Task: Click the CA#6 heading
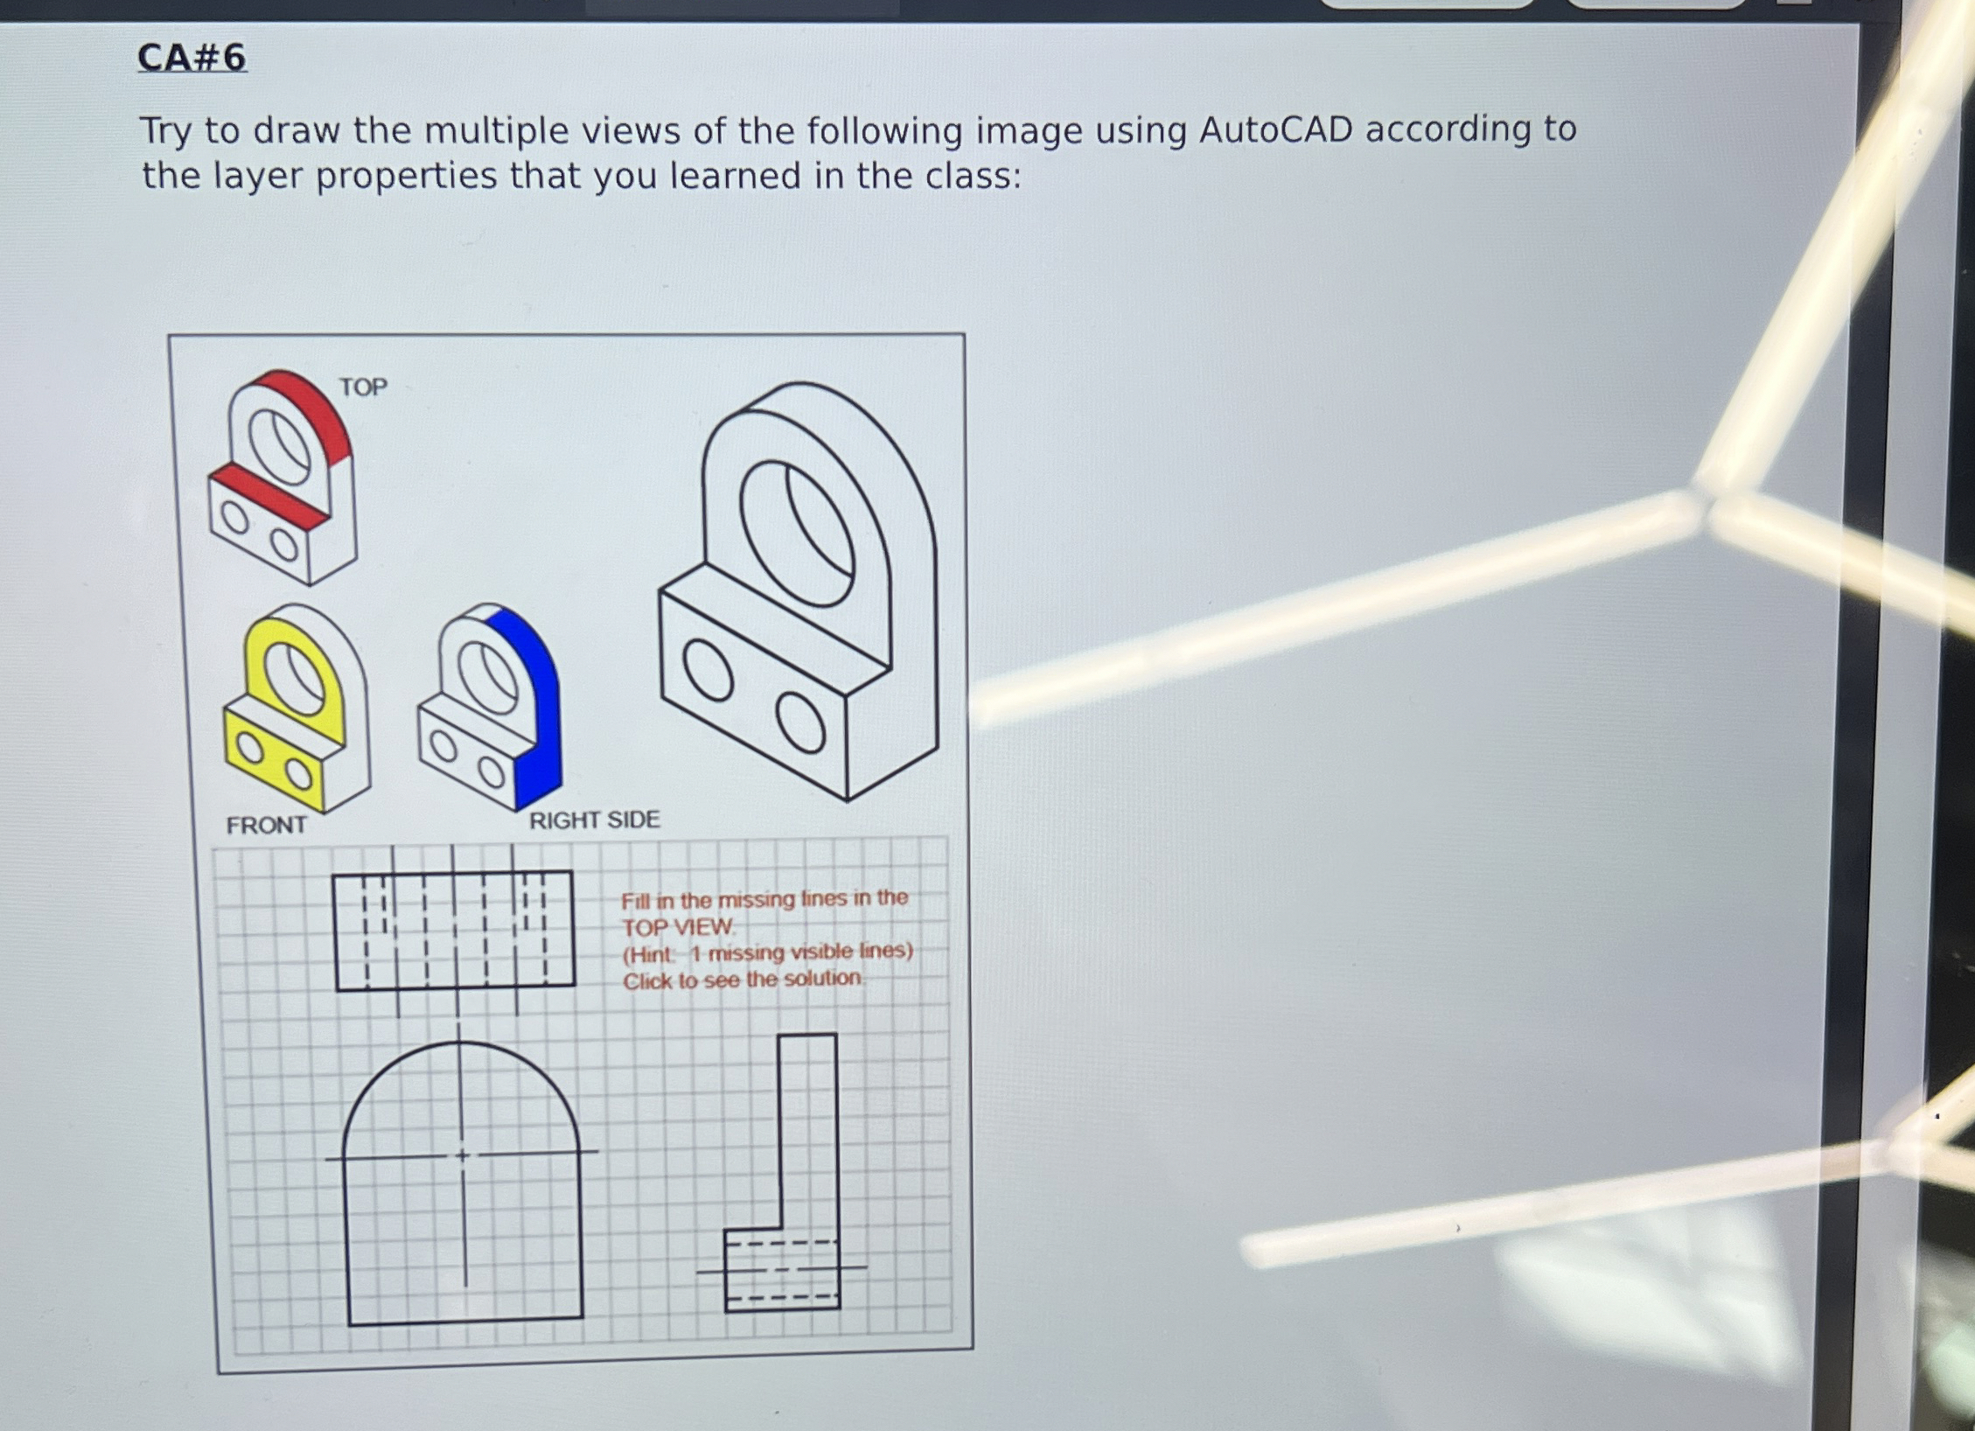192,58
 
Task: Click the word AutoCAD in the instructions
1275,130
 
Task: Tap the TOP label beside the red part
363,387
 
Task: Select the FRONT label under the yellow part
267,825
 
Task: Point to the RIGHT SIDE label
594,820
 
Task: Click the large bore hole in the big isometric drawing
796,534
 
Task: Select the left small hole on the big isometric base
708,670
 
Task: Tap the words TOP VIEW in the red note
678,926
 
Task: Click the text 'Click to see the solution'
742,980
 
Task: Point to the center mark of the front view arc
463,1155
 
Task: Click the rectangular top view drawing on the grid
454,930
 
